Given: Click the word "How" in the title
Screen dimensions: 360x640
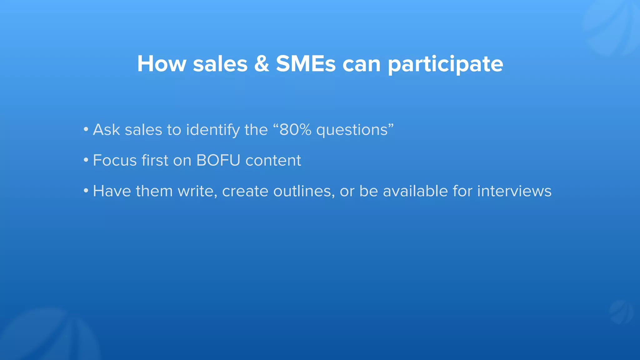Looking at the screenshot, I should coord(162,64).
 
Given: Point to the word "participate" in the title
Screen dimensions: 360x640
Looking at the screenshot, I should coord(445,64).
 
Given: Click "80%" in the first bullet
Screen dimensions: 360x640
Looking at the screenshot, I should coord(295,129).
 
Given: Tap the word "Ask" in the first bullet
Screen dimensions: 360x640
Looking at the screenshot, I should coord(106,129).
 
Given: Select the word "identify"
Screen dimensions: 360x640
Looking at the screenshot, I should coord(212,130).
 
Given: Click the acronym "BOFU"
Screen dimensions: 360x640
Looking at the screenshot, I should coord(218,160).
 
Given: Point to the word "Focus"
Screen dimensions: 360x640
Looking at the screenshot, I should coord(115,160).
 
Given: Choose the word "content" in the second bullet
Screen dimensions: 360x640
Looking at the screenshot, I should coord(273,160).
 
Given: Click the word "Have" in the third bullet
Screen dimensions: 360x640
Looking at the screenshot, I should coord(112,191).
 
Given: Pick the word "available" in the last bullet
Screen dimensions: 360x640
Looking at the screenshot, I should coord(415,191).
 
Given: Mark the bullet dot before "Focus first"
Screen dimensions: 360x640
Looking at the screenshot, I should coord(86,160).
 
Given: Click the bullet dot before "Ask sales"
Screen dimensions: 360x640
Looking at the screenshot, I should coord(86,129).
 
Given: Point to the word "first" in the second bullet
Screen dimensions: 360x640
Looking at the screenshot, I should coord(155,160).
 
